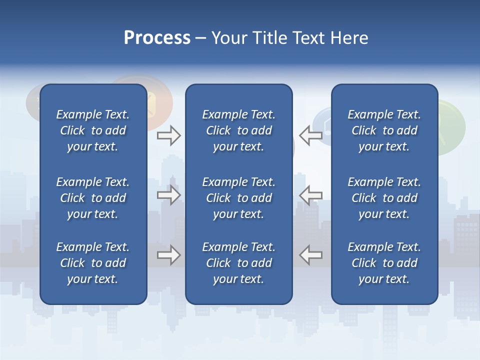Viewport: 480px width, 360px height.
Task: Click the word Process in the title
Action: (x=157, y=38)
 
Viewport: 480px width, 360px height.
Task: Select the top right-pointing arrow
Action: (x=169, y=135)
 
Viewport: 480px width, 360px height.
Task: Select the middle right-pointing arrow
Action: (x=169, y=195)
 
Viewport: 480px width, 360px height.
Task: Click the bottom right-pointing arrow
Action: (x=169, y=255)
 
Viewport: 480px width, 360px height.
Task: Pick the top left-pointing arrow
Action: (x=310, y=135)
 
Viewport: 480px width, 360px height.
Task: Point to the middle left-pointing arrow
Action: (x=310, y=195)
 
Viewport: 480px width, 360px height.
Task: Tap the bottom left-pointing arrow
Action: (x=310, y=255)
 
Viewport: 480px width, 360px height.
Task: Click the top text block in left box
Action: (x=93, y=130)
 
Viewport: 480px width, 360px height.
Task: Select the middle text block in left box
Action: (x=93, y=198)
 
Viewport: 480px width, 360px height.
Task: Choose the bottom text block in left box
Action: (x=93, y=263)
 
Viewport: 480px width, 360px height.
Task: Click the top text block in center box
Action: (x=238, y=130)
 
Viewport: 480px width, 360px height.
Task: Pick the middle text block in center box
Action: (x=238, y=198)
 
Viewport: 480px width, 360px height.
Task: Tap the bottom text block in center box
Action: (x=238, y=263)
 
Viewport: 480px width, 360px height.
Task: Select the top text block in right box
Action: (x=384, y=130)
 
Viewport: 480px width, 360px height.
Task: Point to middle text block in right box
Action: (x=384, y=198)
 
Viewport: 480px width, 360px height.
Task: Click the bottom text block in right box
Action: (x=384, y=263)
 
